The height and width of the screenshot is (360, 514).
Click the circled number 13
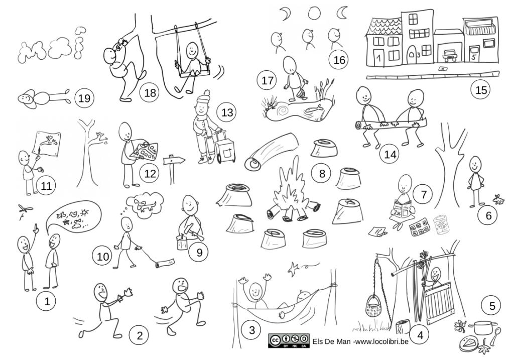[x=227, y=112]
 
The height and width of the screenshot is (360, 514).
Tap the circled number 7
[x=424, y=194]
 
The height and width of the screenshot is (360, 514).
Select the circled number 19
[x=84, y=98]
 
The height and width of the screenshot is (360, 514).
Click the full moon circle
[x=314, y=13]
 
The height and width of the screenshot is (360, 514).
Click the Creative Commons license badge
[x=289, y=340]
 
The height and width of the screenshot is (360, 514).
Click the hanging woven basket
[x=374, y=307]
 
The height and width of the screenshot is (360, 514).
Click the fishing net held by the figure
[x=302, y=93]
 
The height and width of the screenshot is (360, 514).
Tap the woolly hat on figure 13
[x=204, y=97]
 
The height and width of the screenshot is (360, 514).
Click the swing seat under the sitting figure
[x=190, y=74]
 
